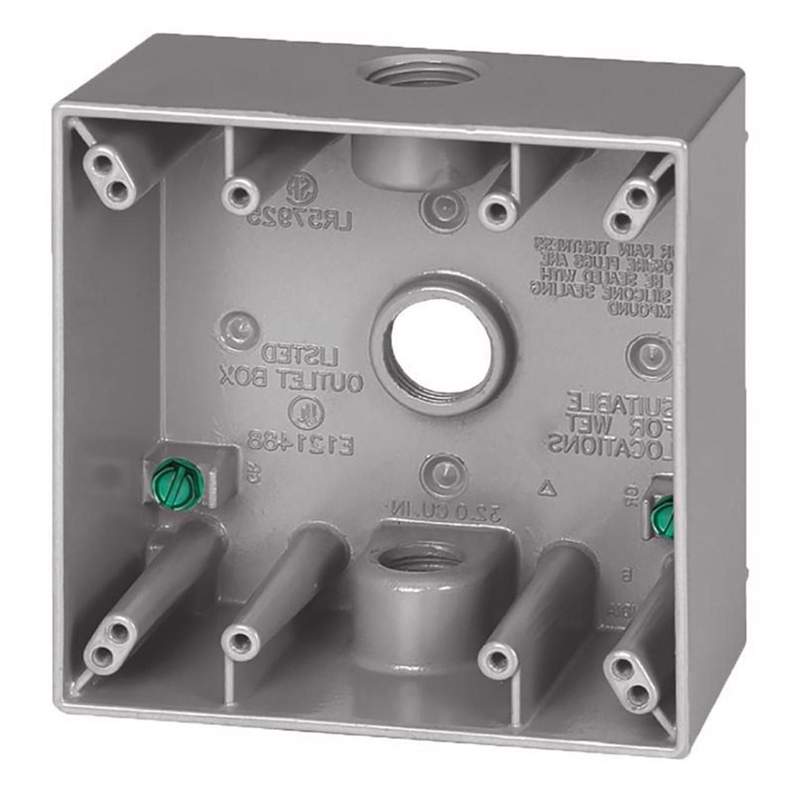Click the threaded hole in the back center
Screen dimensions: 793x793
[x=441, y=346]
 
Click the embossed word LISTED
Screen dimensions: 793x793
[x=301, y=353]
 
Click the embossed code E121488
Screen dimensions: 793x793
[x=300, y=441]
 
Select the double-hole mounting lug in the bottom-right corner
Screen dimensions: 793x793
[x=632, y=682]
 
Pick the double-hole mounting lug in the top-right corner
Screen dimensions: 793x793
[x=631, y=207]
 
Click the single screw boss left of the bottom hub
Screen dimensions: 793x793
[x=241, y=643]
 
